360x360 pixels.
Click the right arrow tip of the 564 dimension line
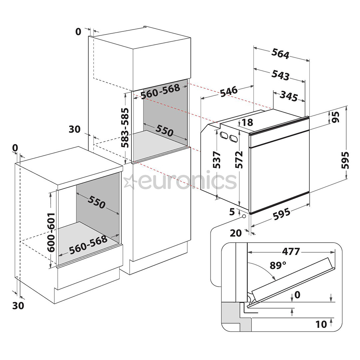point(309,61)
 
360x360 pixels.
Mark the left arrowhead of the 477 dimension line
point(248,252)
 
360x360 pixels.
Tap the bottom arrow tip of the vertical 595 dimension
point(346,178)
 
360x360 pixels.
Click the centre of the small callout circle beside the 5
point(244,216)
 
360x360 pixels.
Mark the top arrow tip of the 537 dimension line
point(216,129)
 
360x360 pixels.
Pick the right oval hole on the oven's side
point(233,138)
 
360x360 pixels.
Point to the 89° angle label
point(278,265)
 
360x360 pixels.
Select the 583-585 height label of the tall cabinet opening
point(125,128)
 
